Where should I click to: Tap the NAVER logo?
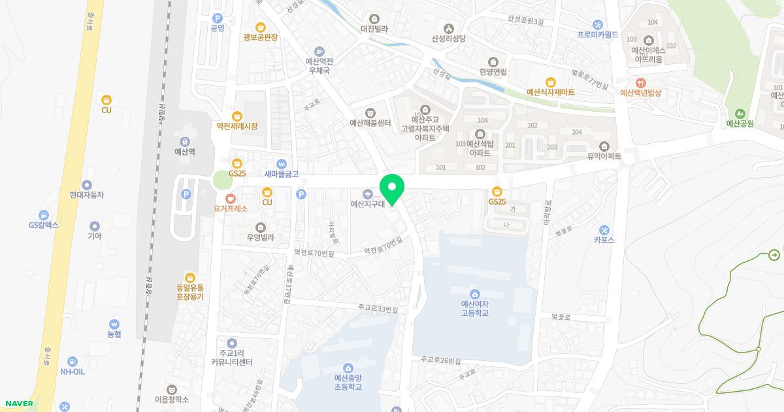19,403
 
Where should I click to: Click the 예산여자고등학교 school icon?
474,294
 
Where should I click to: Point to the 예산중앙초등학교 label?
348,382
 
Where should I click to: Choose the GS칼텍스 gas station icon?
43,215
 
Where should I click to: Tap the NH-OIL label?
73,371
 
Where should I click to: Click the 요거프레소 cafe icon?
230,198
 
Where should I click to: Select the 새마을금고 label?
282,174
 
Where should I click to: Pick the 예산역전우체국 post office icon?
319,52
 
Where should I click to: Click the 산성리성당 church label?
448,39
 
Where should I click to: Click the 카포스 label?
604,239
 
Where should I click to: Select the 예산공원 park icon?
740,114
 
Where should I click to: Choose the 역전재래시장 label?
237,126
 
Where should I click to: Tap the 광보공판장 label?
261,37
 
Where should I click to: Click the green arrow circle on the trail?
774,255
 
